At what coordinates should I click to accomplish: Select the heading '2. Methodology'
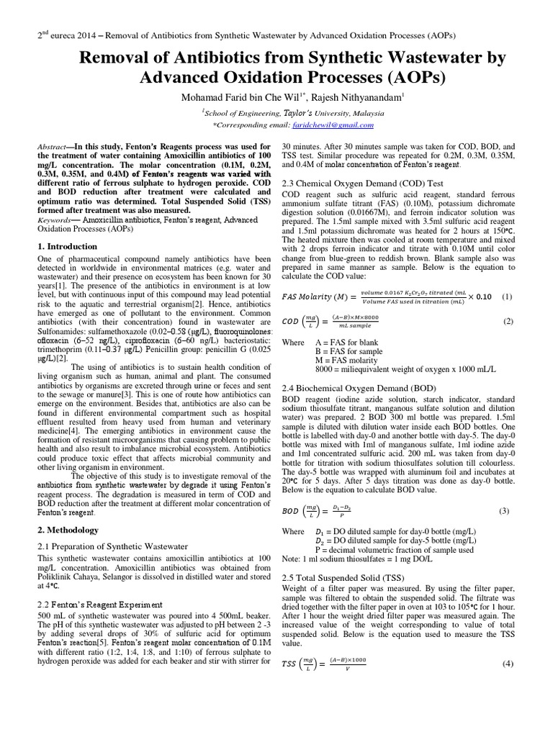tap(68, 530)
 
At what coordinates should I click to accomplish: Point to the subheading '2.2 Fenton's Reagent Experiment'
tap(102, 604)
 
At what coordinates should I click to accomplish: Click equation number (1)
tap(508, 297)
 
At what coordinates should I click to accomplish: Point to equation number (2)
tap(508, 321)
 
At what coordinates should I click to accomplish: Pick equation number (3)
tap(503, 510)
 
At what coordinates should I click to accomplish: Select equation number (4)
tap(508, 663)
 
